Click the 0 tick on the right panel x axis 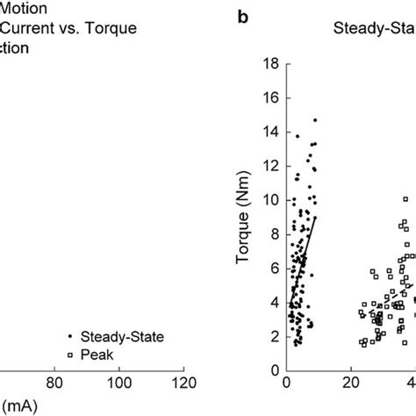287,383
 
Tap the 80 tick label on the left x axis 55,383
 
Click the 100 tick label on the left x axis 119,383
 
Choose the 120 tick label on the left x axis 183,383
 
